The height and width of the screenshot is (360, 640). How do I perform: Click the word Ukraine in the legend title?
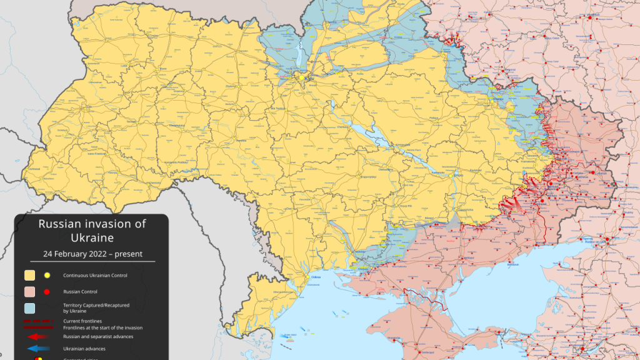92,238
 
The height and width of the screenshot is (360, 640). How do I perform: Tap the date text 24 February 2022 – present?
92,254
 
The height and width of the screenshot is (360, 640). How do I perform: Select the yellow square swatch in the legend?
29,275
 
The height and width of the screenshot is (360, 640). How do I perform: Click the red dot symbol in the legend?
46,291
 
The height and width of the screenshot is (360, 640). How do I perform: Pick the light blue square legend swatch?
29,308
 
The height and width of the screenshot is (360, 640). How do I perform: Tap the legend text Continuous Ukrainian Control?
100,275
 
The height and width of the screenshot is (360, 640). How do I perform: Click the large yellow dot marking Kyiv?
302,77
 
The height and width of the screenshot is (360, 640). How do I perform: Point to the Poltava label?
434,117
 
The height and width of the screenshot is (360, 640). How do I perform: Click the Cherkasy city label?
342,127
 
